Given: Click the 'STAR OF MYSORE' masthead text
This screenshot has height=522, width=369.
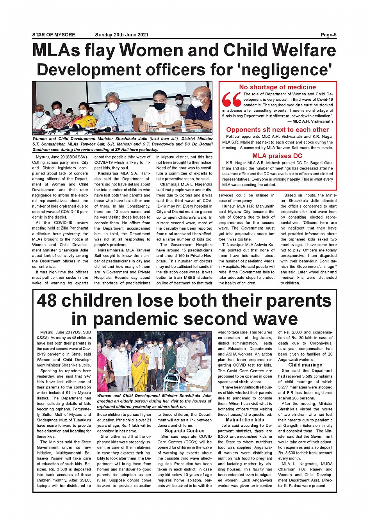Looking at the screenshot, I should coord(53,35).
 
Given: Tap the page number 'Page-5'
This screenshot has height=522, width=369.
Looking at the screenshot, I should coord(328,35).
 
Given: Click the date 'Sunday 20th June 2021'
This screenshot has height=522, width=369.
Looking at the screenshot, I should coord(121,35).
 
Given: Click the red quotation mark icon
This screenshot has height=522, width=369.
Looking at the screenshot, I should coord(232,100).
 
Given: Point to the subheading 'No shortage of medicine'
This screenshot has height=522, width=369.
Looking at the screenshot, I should coord(277,87).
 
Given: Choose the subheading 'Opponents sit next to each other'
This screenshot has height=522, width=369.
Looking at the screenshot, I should coord(277,130).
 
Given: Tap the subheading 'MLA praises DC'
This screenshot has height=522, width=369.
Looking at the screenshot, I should coord(277,156).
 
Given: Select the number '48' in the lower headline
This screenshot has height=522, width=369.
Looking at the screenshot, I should coord(47,301).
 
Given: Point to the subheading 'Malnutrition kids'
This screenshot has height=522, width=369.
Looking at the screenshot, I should coord(245,420).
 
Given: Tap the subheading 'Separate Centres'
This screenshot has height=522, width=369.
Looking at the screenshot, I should coord(184,431).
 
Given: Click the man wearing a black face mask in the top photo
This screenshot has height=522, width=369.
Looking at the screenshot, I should coord(159,109).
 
